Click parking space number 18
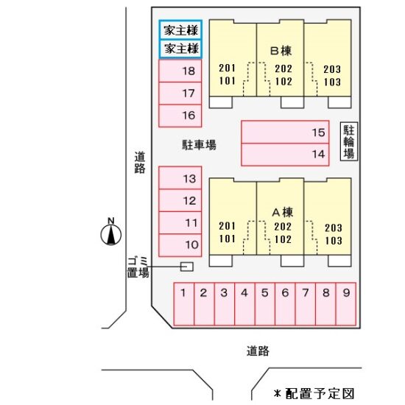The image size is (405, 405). coord(180,71)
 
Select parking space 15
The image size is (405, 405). coord(285,132)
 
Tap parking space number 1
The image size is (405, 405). coord(183,303)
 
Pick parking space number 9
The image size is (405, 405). coord(346,303)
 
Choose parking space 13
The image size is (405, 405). coord(180,178)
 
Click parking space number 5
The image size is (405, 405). coord(265,303)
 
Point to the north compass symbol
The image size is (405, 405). coord(110,232)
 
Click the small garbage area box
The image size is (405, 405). coord(186,267)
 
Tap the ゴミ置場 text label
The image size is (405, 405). coord(138,267)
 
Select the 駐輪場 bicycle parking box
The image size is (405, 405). coord(349,141)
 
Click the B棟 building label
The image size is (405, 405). coord(281,51)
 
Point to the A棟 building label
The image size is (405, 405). coord(282,212)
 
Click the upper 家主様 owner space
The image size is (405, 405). coord(180,30)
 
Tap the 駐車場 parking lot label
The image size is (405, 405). coord(199,144)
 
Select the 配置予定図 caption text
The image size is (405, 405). coord(320,393)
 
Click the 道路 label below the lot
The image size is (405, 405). coord(258,351)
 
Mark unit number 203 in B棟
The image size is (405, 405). coord(332,69)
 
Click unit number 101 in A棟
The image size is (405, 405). coord(227,239)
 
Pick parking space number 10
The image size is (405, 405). coord(180,245)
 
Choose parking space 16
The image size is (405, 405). coord(180,116)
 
